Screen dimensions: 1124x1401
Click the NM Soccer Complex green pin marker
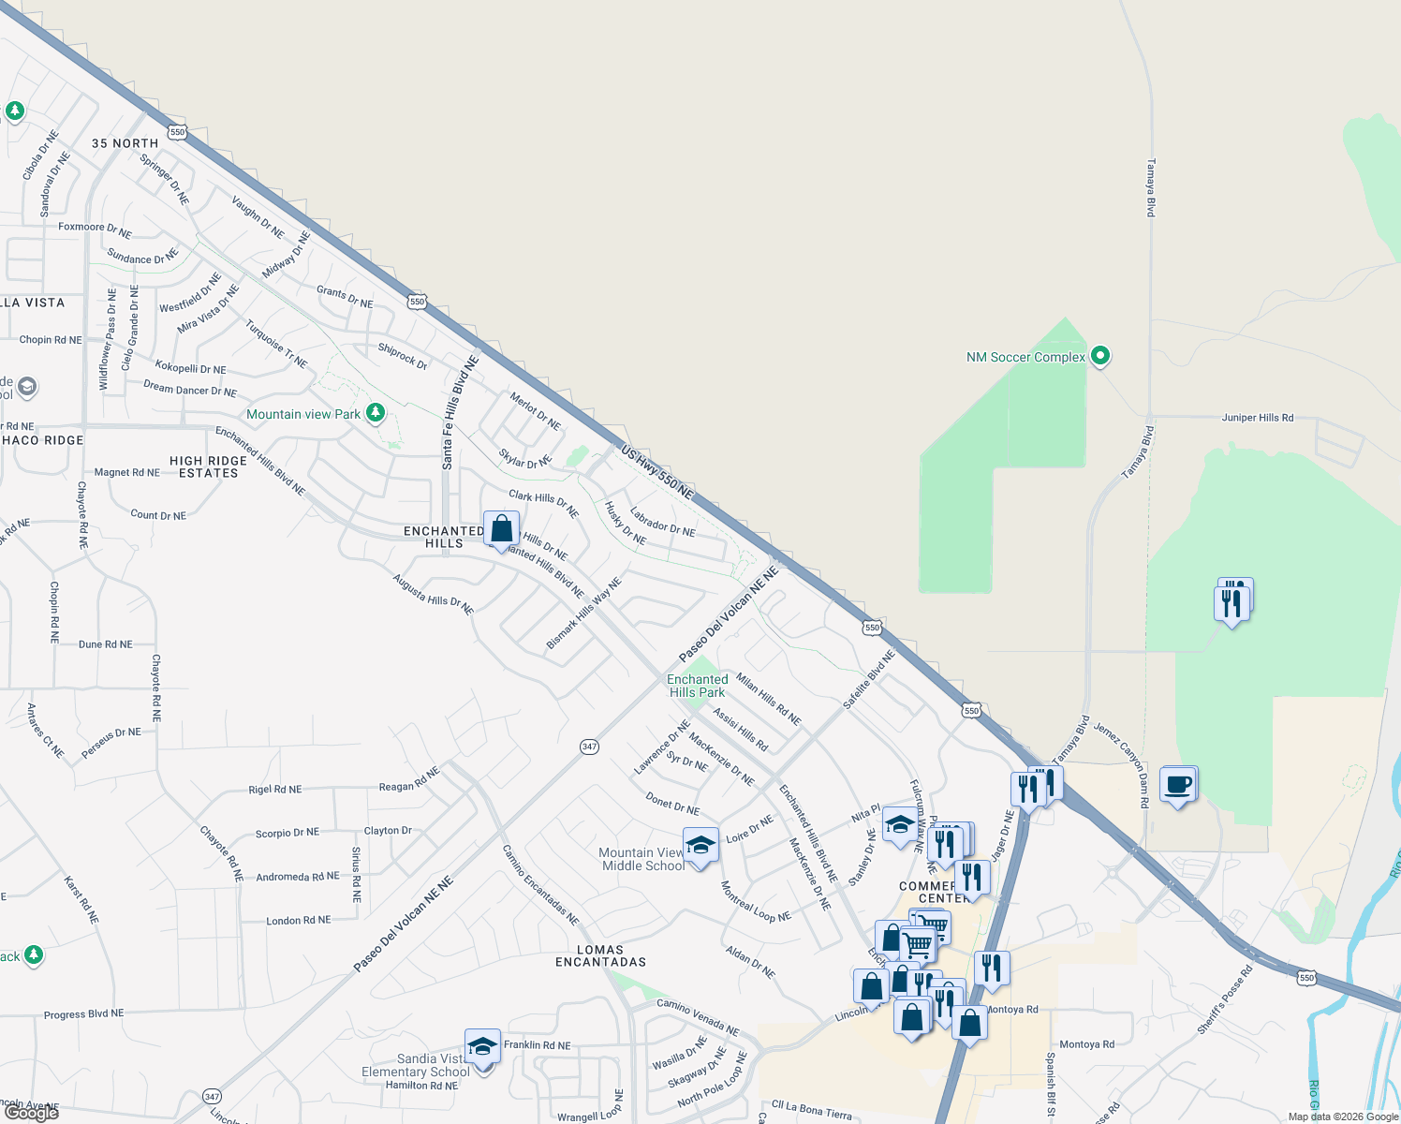click(1101, 356)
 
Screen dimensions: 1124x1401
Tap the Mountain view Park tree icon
click(376, 412)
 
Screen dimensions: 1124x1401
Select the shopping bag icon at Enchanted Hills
click(501, 528)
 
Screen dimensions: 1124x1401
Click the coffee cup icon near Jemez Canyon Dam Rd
click(1178, 784)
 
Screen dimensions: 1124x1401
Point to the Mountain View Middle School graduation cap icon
click(700, 845)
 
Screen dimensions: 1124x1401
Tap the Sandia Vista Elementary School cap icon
click(482, 1046)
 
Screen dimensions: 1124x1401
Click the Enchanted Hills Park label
click(698, 686)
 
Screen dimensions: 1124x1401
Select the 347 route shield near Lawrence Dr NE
click(589, 747)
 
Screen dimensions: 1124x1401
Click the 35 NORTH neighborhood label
click(125, 143)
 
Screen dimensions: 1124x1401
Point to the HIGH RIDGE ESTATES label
click(209, 466)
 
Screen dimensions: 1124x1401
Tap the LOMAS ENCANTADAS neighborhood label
click(600, 955)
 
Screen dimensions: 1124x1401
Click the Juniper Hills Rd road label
click(1258, 418)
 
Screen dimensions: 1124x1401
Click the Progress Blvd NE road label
click(83, 1013)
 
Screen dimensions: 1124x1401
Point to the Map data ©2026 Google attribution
click(1343, 1117)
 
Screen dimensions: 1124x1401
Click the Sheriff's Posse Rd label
click(1225, 1000)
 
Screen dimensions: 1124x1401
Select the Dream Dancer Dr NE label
click(190, 389)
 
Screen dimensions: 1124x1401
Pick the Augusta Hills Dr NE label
click(433, 595)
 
